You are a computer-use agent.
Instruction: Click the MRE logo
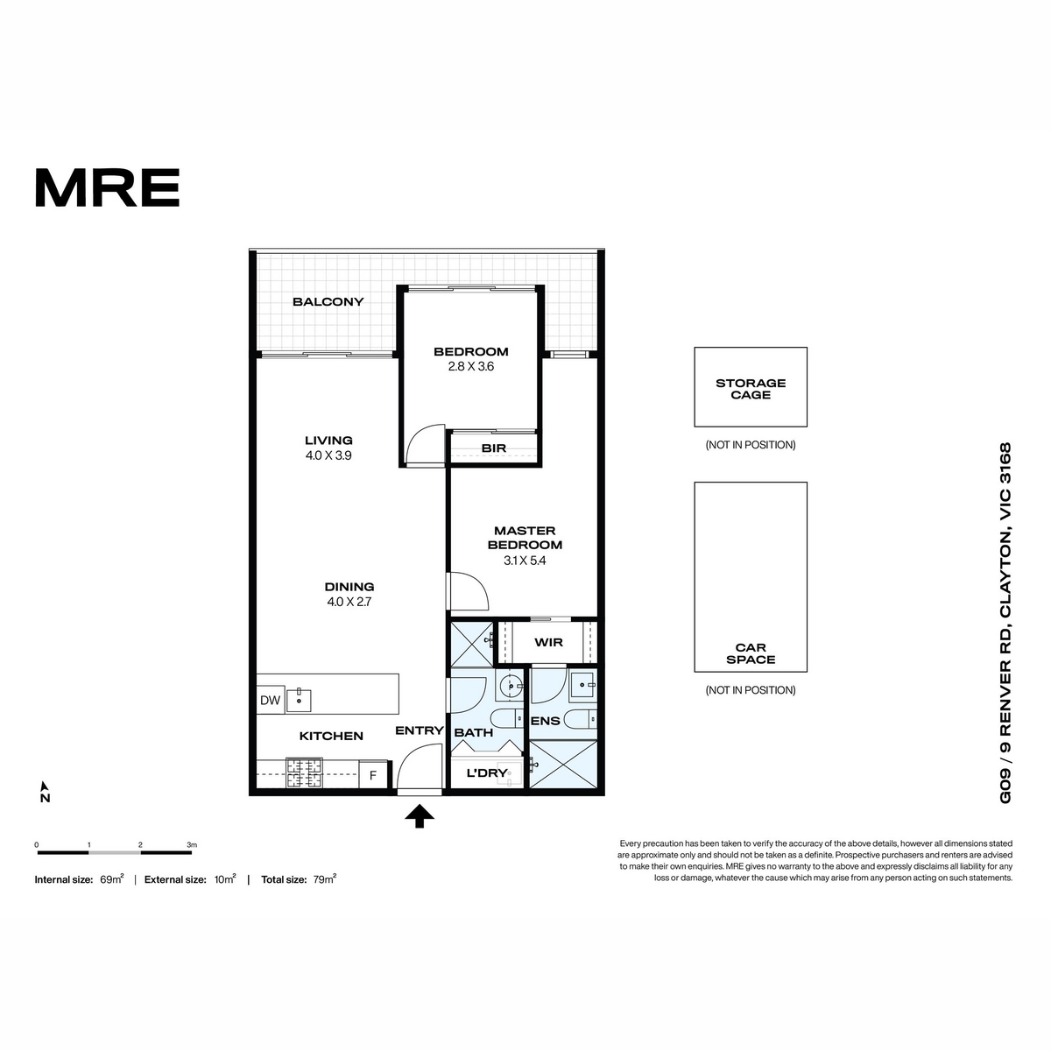tap(108, 187)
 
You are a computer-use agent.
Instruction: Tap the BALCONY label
tap(328, 301)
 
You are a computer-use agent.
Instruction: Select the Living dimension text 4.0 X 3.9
tap(328, 455)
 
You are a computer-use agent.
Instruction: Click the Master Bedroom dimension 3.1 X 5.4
tap(524, 561)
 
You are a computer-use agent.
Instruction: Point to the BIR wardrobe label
tap(494, 448)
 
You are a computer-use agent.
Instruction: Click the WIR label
tap(548, 642)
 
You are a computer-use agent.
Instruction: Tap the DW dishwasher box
tap(270, 701)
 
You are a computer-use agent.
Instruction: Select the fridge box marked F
tap(373, 774)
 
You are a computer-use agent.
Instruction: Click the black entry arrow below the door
tap(420, 816)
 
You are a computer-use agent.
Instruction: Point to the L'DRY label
tap(486, 772)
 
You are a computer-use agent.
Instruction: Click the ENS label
tap(546, 721)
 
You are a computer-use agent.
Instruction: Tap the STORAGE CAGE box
tap(751, 387)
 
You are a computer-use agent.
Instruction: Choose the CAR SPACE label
tap(751, 653)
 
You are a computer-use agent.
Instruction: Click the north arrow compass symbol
tap(45, 792)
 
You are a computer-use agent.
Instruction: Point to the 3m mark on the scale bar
tap(192, 845)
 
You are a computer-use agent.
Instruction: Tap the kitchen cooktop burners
tap(304, 772)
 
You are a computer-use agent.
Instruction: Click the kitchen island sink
tap(299, 701)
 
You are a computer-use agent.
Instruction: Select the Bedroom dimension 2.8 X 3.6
tap(470, 366)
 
